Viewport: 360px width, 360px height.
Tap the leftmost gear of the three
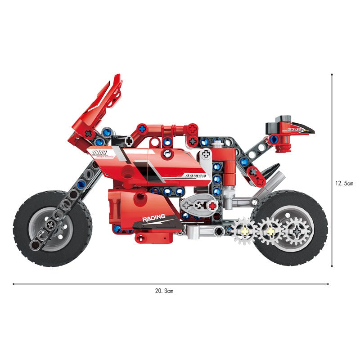pyautogui.click(x=245, y=231)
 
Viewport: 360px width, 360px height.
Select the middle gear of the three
pyautogui.click(x=270, y=231)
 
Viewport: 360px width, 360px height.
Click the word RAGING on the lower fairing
pyautogui.click(x=153, y=218)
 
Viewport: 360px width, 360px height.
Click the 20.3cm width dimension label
pyautogui.click(x=164, y=291)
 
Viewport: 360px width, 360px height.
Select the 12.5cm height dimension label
pyautogui.click(x=344, y=183)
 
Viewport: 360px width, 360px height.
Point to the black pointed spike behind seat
pyautogui.click(x=271, y=171)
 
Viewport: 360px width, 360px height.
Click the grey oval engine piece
pyautogui.click(x=199, y=206)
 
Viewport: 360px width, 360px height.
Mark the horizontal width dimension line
pyautogui.click(x=171, y=284)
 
